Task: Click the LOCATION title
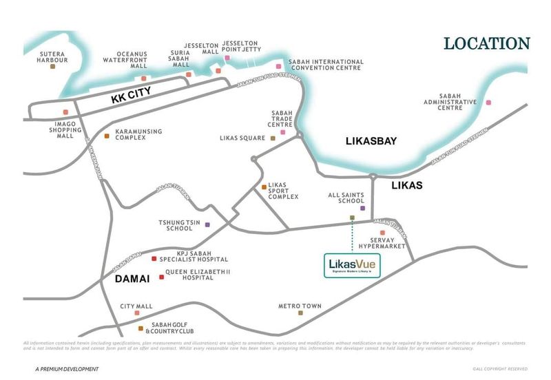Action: pos(486,43)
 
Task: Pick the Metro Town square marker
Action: pos(300,313)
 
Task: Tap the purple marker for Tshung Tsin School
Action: pos(207,225)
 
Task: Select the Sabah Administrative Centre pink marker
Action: pos(488,103)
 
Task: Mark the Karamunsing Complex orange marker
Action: pos(106,136)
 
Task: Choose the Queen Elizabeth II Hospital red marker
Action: pos(162,277)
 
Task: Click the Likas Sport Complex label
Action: pos(284,190)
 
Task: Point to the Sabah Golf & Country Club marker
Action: pos(140,328)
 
